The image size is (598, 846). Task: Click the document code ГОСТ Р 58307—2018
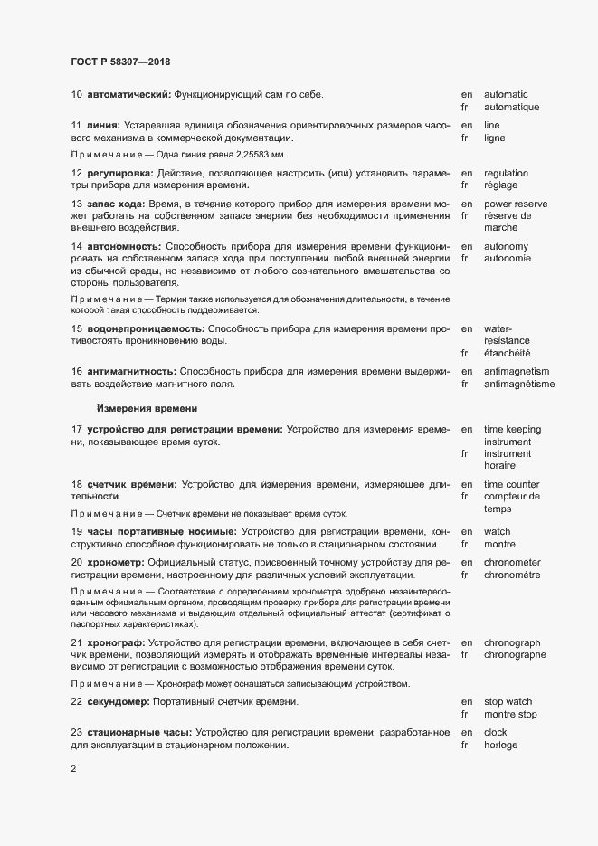click(x=119, y=62)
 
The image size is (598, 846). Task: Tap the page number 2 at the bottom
click(x=73, y=770)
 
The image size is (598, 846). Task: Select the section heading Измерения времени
click(x=147, y=408)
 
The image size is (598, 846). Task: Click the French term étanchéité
click(x=508, y=353)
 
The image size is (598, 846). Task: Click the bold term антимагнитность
click(x=130, y=371)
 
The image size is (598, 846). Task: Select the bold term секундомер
click(x=121, y=701)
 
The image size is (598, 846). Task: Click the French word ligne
click(x=495, y=138)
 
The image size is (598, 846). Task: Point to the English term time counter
click(x=512, y=484)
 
